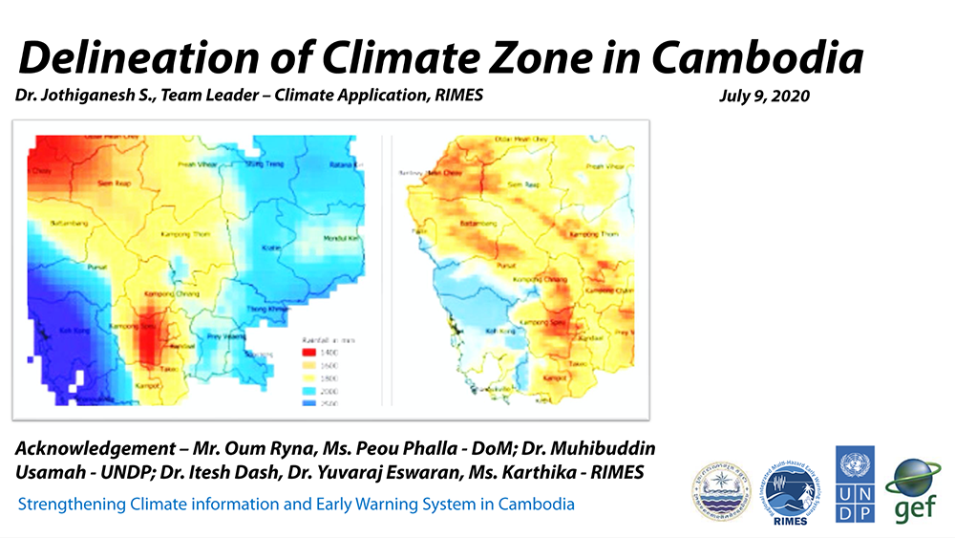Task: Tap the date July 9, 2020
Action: (x=763, y=97)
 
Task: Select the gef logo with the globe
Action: (x=916, y=490)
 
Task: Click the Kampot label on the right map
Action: (x=553, y=377)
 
